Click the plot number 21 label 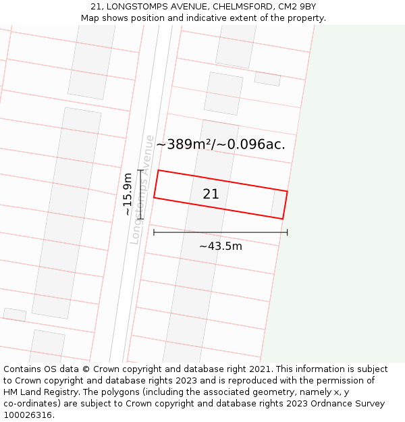coord(211,194)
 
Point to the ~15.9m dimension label coord(128,194)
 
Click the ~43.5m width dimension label coord(220,246)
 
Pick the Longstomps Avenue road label coord(143,189)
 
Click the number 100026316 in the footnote coord(28,415)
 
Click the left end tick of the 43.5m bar coord(154,232)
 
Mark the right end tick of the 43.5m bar coord(288,232)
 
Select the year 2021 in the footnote coord(261,369)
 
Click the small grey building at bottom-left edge coord(14,315)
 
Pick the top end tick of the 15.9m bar coord(140,170)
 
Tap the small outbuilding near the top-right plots coord(267,79)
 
